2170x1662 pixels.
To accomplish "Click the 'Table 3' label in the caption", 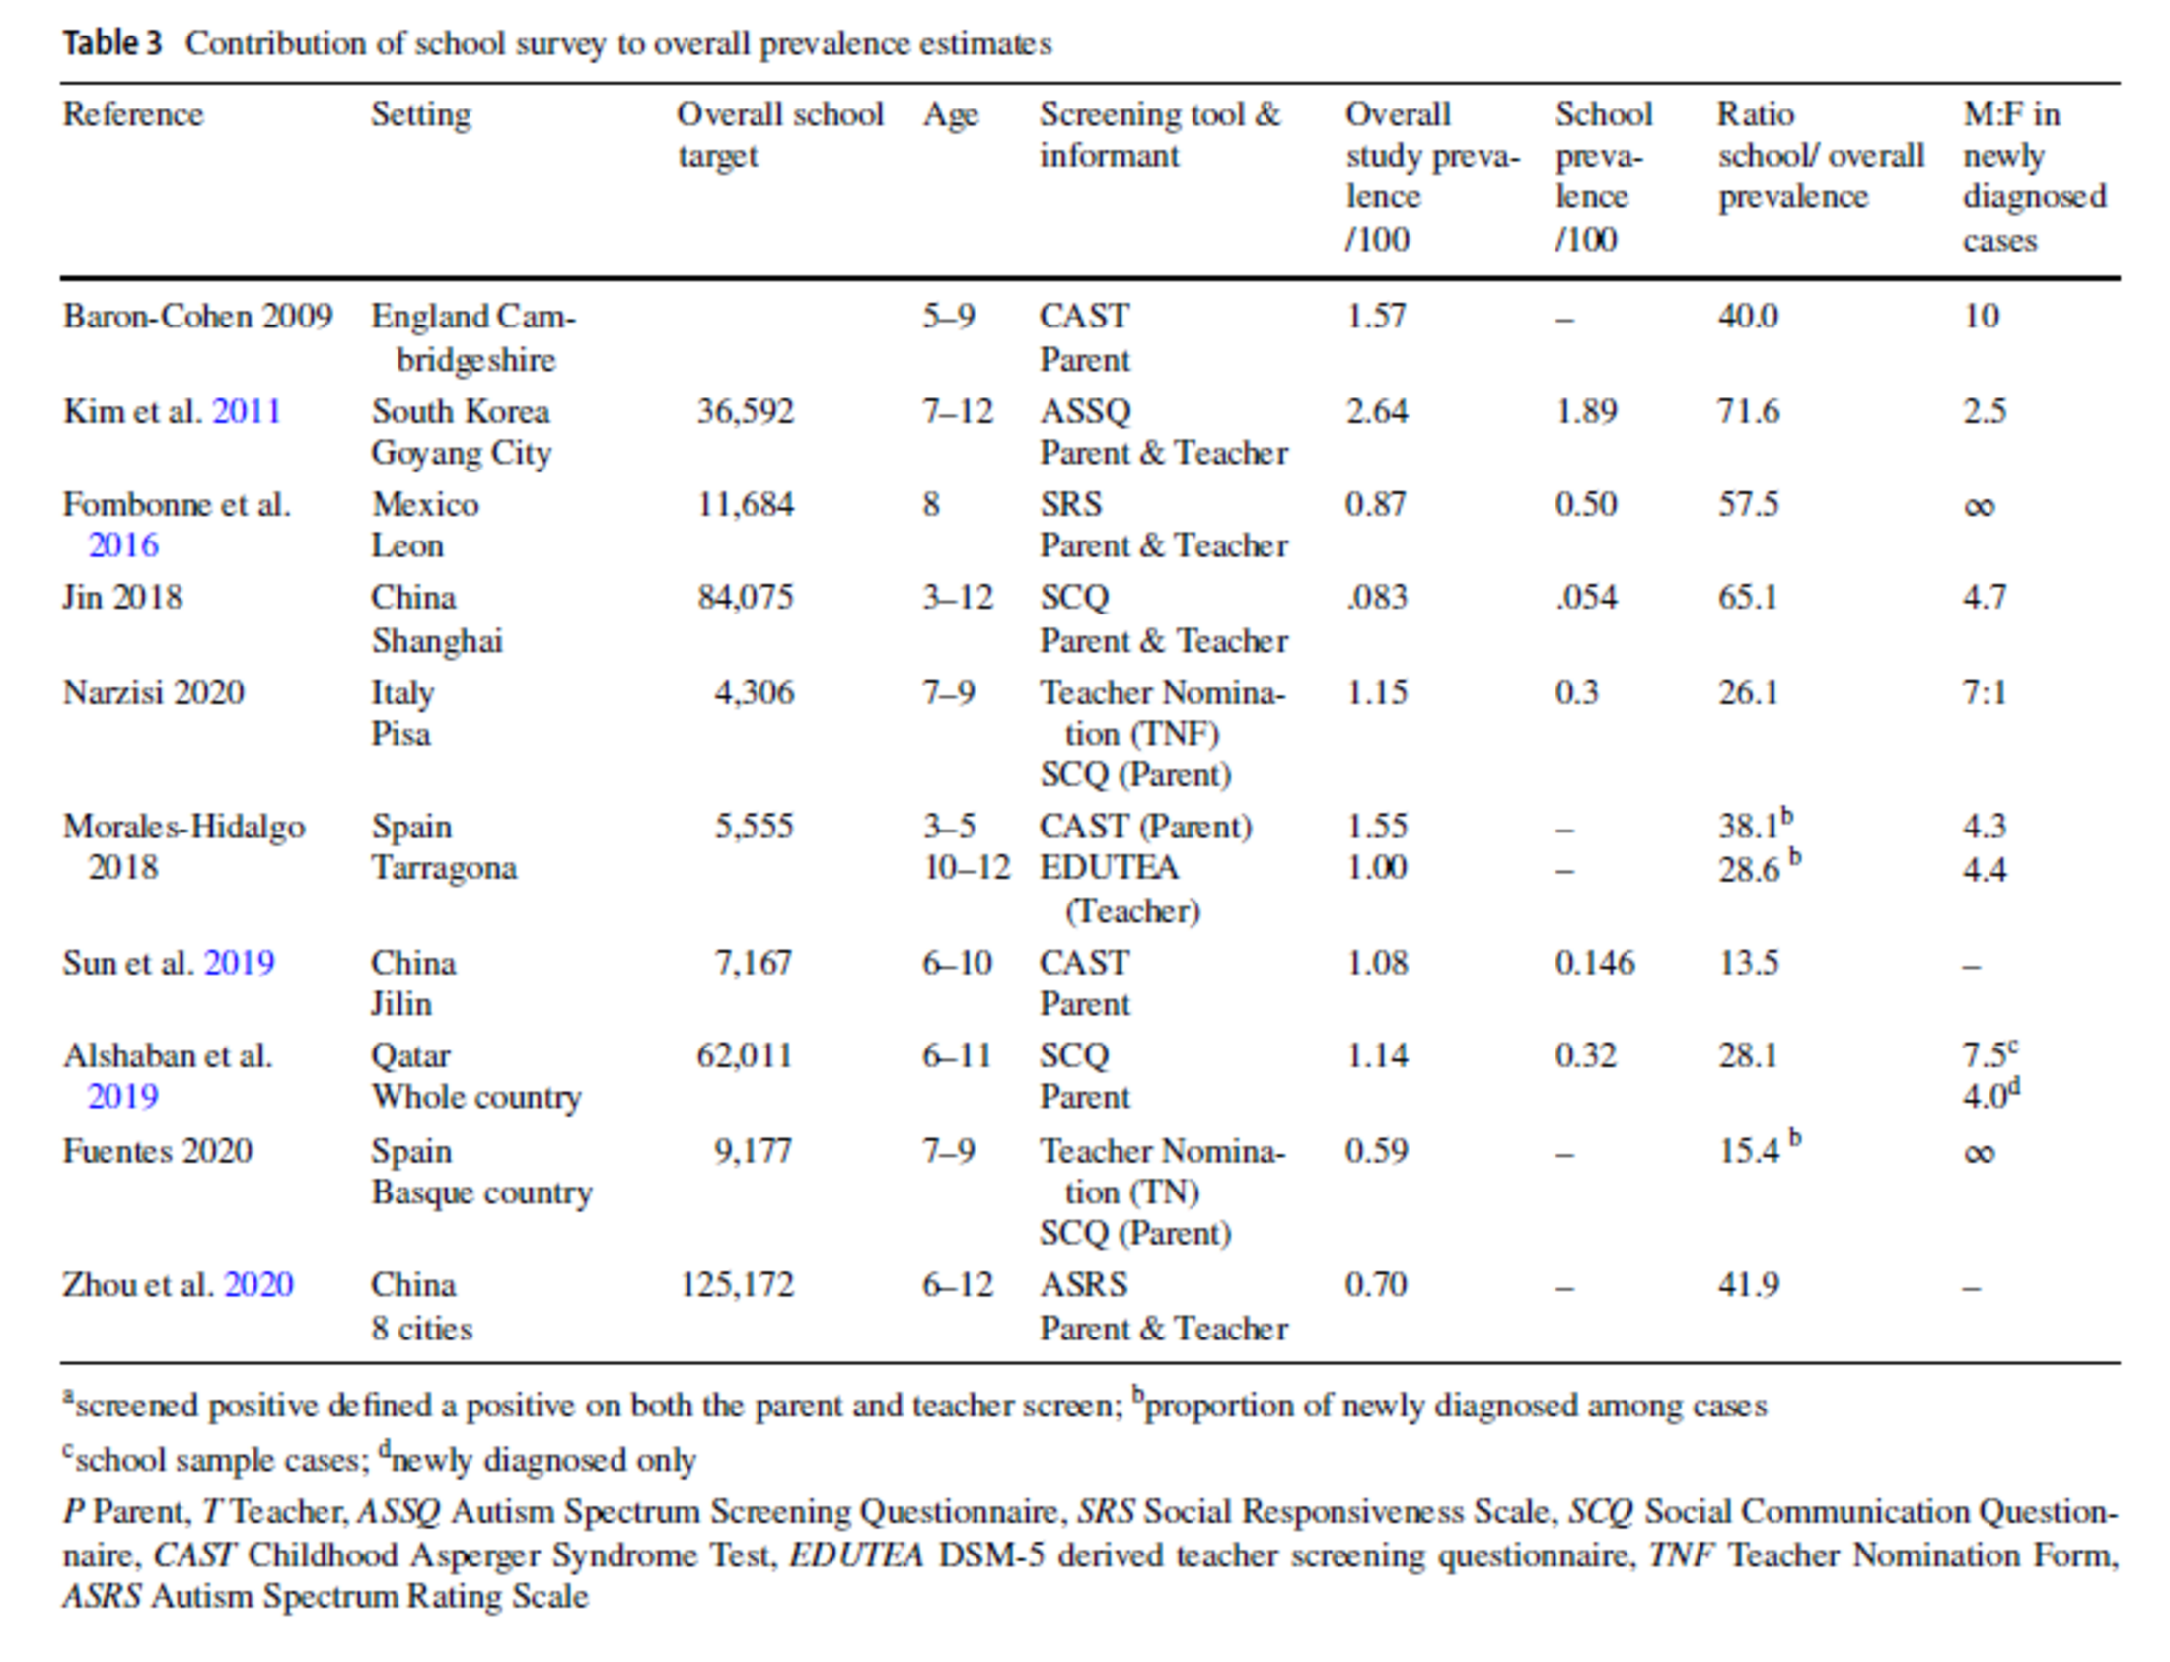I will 111,43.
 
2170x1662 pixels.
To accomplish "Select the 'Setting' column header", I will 420,114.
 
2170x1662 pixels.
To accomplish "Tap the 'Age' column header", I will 950,114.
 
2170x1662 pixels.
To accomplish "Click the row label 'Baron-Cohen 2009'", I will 198,317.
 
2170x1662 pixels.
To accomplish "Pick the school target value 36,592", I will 745,410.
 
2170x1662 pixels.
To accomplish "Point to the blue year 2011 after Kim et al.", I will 247,410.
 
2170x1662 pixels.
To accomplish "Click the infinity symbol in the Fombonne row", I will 1979,506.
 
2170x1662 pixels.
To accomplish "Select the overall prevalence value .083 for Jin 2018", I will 1376,598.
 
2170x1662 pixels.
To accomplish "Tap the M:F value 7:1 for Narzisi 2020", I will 1984,692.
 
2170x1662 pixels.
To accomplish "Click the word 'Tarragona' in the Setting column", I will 444,869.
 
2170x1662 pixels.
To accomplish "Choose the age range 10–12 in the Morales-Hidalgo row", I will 967,869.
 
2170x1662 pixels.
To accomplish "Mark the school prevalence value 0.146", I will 1594,963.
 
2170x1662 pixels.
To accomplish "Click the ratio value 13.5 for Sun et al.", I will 1748,963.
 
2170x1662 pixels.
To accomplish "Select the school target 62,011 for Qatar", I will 744,1055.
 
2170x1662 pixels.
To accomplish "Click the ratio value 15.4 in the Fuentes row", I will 1749,1150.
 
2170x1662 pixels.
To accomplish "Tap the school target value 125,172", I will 736,1285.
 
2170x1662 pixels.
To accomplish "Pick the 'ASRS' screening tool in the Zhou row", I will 1083,1285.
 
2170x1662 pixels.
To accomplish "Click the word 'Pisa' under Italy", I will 400,734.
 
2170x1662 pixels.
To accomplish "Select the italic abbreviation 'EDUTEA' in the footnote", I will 856,1555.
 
